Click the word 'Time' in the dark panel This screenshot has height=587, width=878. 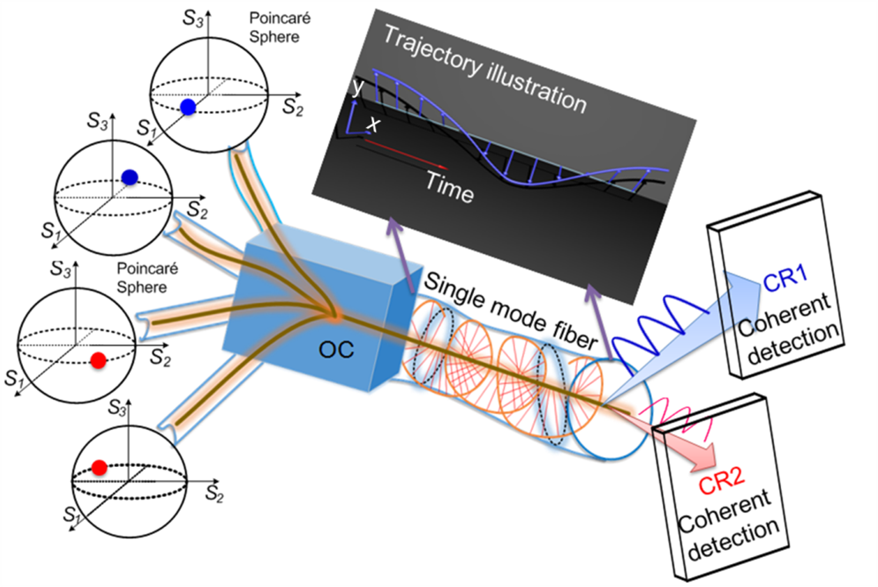449,187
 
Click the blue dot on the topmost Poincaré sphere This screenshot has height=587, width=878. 187,107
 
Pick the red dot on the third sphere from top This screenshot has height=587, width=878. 99,358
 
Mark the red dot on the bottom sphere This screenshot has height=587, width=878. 99,466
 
